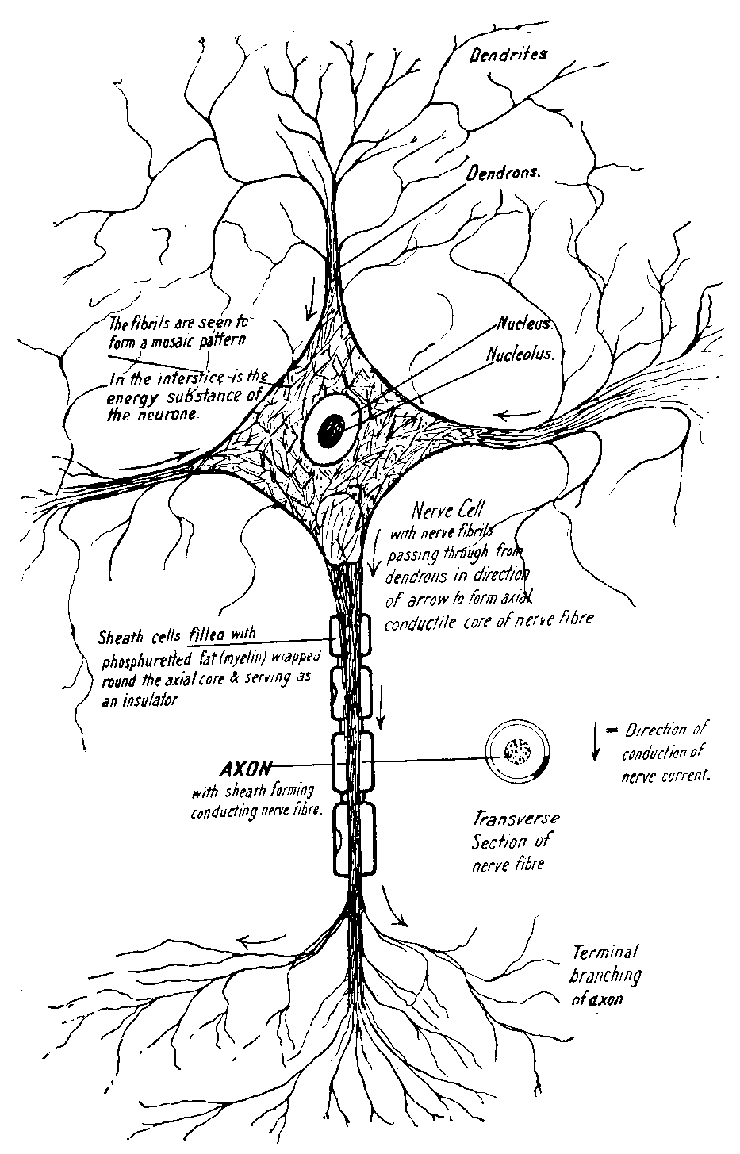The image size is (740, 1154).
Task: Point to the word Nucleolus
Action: click(523, 356)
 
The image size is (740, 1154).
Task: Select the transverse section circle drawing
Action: click(516, 751)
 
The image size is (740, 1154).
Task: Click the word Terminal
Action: click(605, 952)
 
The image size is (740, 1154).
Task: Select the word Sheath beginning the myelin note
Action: click(117, 636)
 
